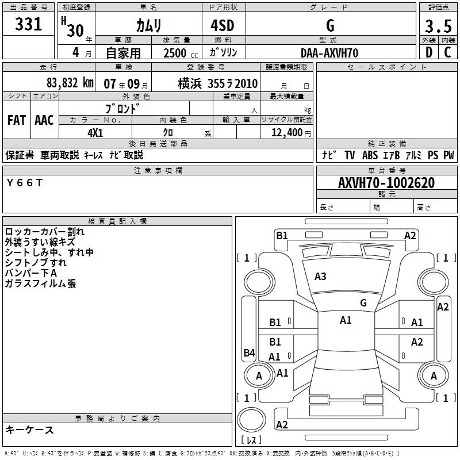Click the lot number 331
[29, 25]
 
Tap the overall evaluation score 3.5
[438, 26]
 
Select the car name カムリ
[148, 25]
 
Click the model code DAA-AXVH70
[329, 53]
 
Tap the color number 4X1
[95, 132]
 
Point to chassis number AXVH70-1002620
[386, 183]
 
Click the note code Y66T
[24, 182]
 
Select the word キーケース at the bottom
[29, 430]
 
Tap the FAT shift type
[16, 120]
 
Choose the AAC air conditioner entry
[44, 120]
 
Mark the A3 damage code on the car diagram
[320, 277]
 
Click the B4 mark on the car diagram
[249, 353]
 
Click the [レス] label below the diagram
[252, 441]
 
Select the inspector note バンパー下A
[30, 273]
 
